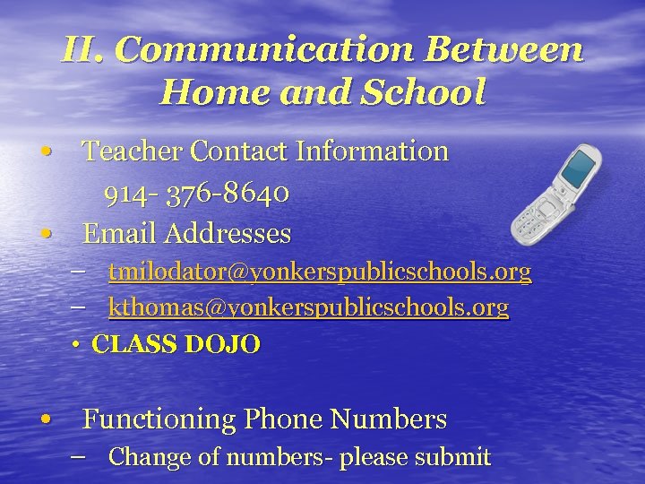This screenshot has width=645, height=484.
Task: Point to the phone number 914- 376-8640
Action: (195, 193)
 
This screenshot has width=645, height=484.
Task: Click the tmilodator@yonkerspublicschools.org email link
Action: (320, 272)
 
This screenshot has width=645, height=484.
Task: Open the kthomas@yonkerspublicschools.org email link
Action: (308, 308)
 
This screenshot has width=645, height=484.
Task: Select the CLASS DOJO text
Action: (176, 344)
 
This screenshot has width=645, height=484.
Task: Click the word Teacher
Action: (125, 151)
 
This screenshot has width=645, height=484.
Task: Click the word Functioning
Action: (159, 419)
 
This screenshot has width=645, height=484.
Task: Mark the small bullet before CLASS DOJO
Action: (78, 345)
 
